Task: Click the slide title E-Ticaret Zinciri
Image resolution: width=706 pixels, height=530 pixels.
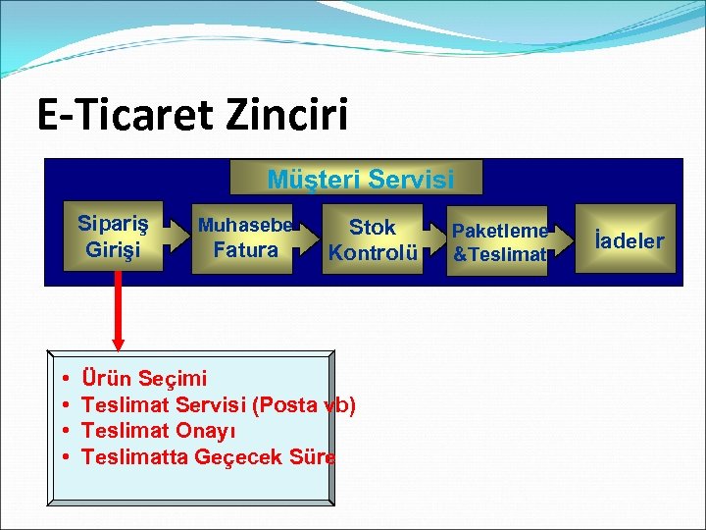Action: coord(192,116)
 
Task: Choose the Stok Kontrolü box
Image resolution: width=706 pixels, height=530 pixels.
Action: coord(373,239)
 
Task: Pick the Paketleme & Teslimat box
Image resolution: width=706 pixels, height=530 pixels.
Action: coord(499,241)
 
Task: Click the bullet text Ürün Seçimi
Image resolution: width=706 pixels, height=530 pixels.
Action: coord(144,377)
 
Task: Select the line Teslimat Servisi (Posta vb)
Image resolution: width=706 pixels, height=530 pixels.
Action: coord(218,403)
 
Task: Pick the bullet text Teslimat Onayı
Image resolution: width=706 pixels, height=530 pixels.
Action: coord(158,430)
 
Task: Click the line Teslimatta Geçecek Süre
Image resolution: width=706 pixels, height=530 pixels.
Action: coord(208,456)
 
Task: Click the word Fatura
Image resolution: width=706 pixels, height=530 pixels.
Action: coord(245,250)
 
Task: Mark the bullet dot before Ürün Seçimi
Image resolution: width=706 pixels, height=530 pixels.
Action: coord(63,378)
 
